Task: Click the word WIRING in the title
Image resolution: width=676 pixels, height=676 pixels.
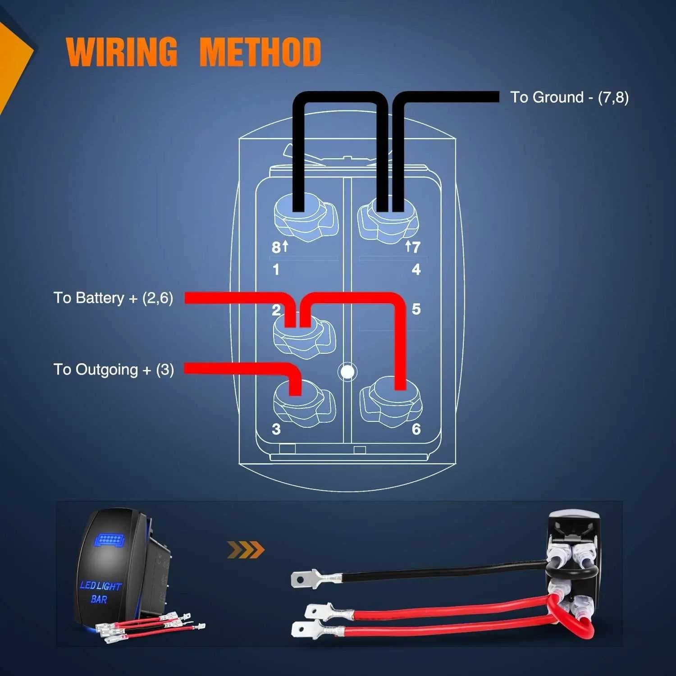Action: coord(122,52)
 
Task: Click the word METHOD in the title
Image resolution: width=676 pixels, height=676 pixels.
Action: coord(260,52)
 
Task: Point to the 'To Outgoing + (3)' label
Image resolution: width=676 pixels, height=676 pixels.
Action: coord(114,370)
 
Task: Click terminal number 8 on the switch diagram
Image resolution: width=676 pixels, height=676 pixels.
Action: coord(276,247)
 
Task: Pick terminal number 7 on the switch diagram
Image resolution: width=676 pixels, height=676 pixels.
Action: coord(416,247)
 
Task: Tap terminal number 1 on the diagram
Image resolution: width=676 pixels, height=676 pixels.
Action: coord(276,269)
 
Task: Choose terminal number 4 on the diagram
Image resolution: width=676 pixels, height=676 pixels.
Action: coord(416,269)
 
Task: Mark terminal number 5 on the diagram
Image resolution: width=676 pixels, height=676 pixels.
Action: coord(416,309)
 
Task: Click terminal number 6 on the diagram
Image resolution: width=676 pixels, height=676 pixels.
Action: coord(416,429)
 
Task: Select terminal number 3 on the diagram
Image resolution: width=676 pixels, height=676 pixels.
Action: coord(276,429)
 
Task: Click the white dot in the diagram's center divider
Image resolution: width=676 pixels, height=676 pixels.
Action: coord(347,372)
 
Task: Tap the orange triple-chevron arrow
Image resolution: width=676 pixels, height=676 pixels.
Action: coord(246,550)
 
